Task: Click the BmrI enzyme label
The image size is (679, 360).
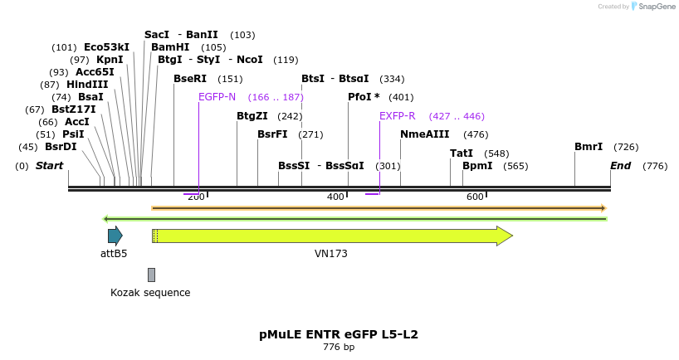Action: (589, 147)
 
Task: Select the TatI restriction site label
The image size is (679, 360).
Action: (462, 153)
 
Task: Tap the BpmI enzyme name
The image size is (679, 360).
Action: (477, 166)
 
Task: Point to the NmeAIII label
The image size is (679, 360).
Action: (424, 134)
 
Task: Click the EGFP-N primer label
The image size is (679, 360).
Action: (217, 97)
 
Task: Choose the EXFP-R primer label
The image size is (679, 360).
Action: (397, 116)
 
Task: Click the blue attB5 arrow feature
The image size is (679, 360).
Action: (115, 236)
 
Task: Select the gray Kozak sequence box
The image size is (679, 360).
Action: (151, 275)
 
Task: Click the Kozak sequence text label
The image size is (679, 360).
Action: (150, 293)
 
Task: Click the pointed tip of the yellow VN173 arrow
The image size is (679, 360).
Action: (510, 236)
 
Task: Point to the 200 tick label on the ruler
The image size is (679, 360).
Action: (196, 197)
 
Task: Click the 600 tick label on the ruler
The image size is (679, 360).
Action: (475, 197)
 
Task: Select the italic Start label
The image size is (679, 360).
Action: (49, 166)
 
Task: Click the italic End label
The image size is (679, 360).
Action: (620, 166)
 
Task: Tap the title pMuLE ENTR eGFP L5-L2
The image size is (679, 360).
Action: (339, 334)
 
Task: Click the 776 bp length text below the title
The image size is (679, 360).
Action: (339, 347)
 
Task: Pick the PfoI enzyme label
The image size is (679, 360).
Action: (364, 97)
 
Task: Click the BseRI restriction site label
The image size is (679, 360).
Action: (190, 79)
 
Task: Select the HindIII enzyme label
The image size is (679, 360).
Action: (87, 85)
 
